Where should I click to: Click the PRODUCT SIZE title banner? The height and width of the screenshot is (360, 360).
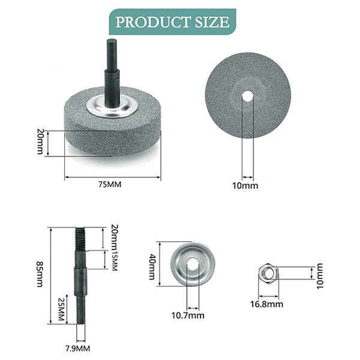coord(172,23)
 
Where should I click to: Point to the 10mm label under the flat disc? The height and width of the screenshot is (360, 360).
coord(245,185)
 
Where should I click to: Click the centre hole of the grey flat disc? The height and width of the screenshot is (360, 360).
coord(247,95)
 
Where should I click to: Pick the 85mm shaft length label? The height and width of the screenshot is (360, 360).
coord(40,274)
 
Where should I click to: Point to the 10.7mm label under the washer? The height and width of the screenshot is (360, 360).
coord(188,316)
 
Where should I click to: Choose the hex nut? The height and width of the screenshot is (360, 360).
coord(266,274)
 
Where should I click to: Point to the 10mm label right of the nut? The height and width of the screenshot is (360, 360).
coord(320,273)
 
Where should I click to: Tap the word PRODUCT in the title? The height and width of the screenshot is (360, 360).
coord(143,23)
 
